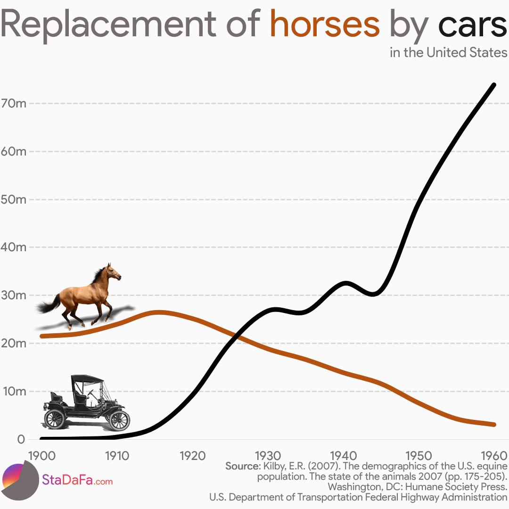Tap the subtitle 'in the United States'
coord(448,52)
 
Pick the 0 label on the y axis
coord(21,439)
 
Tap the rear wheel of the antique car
coord(55,418)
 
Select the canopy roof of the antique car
coord(87,378)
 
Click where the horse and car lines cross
coord(238,337)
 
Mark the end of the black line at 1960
coord(493,85)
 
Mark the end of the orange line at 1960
coord(493,425)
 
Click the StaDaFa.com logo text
coord(78,481)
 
